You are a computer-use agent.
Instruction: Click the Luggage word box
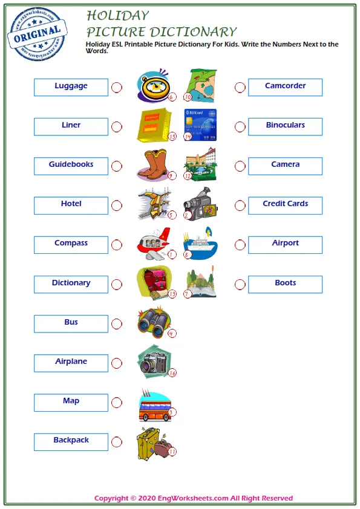(x=71, y=87)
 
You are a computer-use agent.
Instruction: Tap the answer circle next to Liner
(x=117, y=127)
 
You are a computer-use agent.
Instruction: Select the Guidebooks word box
(x=71, y=166)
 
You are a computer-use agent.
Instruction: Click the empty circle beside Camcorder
(x=240, y=88)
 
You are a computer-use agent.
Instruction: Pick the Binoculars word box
(x=285, y=126)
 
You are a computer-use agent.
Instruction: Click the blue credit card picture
(x=200, y=124)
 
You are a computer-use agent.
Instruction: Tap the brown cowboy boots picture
(x=155, y=164)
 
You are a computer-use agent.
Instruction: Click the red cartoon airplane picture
(x=153, y=242)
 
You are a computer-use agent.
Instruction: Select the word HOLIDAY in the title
(x=117, y=15)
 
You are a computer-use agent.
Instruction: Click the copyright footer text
(x=194, y=498)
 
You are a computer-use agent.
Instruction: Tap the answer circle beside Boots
(x=240, y=284)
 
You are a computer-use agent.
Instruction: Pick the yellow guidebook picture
(x=154, y=125)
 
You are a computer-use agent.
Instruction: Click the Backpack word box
(x=71, y=441)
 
